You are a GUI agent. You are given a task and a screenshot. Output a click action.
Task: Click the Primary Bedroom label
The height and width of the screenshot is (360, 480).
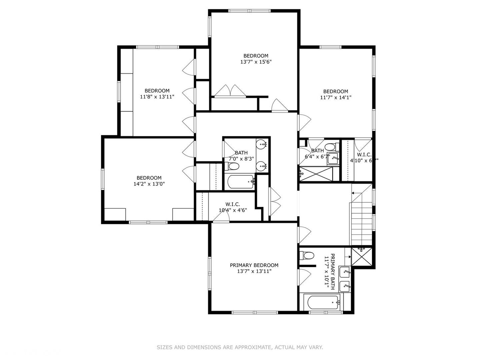[254, 265]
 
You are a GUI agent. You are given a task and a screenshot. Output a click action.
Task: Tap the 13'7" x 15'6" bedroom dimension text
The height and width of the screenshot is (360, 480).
[256, 62]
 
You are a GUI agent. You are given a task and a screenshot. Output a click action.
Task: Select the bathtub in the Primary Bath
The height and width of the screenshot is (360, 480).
[322, 302]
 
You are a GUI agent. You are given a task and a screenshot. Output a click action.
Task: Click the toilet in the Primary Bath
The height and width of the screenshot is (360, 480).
[307, 256]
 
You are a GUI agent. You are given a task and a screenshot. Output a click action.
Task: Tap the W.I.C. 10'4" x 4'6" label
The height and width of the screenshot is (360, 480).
[233, 207]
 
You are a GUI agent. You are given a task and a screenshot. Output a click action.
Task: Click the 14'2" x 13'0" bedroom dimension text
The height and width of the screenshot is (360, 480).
[149, 184]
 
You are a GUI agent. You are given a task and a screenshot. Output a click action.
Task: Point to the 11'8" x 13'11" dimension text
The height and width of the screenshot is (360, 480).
[157, 97]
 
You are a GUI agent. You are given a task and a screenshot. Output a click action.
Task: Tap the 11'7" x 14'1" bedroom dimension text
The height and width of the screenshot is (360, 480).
[336, 97]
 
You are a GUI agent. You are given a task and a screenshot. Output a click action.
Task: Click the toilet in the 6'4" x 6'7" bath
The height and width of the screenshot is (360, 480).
[331, 147]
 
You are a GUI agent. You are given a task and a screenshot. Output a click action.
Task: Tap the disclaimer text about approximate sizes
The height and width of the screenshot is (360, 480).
[240, 347]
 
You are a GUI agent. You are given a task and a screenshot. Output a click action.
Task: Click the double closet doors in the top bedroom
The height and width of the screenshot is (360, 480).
[230, 91]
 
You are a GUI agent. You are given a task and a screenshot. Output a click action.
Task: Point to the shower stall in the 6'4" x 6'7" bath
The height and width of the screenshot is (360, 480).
[316, 174]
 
